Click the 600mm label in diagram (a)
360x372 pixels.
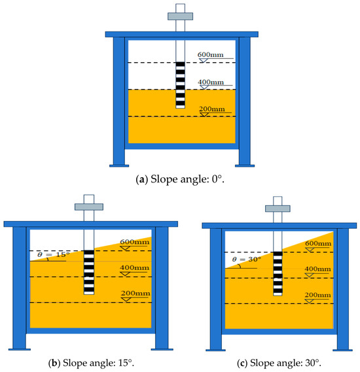point(210,55)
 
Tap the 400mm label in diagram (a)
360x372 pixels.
point(211,82)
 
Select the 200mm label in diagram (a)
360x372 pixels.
point(212,109)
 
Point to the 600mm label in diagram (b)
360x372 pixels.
point(135,242)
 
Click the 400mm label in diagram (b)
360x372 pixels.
point(134,267)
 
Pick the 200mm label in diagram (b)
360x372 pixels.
point(135,294)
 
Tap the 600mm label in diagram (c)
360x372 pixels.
point(318,243)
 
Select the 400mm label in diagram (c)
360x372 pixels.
point(317,269)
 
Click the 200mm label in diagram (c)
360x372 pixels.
point(317,295)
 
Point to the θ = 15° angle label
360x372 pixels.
point(54,254)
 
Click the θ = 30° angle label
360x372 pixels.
point(247,260)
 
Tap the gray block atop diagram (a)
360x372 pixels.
point(180,16)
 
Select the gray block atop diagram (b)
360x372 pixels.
point(89,207)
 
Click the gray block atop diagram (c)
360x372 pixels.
point(278,209)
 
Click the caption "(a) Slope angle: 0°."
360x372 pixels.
point(180,179)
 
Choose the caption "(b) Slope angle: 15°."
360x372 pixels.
point(91,363)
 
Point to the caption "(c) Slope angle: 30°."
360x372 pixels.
point(279,363)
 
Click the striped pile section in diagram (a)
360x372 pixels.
point(180,85)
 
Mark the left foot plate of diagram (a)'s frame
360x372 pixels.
point(119,166)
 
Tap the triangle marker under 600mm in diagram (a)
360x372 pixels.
point(204,61)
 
